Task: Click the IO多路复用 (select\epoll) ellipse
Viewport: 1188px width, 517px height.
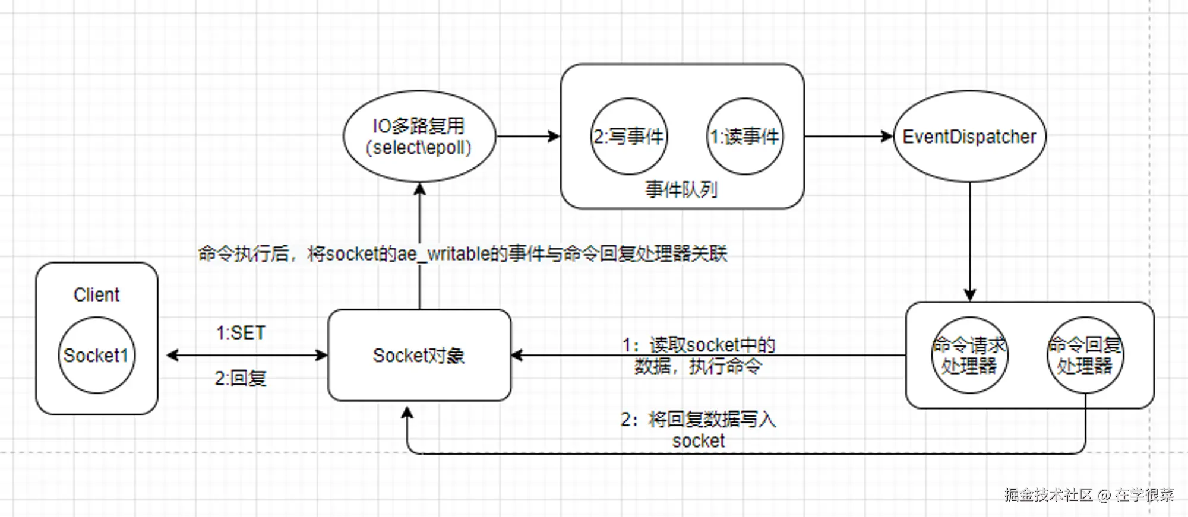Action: point(419,137)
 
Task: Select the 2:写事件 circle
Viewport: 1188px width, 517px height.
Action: point(628,137)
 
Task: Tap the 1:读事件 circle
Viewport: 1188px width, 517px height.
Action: point(745,137)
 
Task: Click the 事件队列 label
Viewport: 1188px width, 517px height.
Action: point(681,190)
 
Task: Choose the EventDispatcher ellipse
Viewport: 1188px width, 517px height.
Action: point(969,137)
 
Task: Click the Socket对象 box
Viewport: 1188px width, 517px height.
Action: point(419,355)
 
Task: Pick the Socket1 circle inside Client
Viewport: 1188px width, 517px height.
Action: point(96,355)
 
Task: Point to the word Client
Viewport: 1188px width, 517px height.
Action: point(96,294)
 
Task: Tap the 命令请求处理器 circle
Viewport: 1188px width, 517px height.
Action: point(969,355)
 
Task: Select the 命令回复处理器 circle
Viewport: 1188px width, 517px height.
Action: point(1085,355)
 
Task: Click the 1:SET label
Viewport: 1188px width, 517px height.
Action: point(241,333)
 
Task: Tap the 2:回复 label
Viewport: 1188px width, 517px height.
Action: point(241,378)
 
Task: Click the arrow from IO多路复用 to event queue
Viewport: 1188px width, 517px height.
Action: point(527,137)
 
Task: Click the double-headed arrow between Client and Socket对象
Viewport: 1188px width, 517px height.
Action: point(247,356)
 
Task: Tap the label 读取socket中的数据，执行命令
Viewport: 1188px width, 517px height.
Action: point(699,356)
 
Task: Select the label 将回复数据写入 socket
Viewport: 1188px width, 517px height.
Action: point(699,430)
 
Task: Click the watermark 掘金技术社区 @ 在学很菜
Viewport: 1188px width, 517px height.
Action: point(1089,494)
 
